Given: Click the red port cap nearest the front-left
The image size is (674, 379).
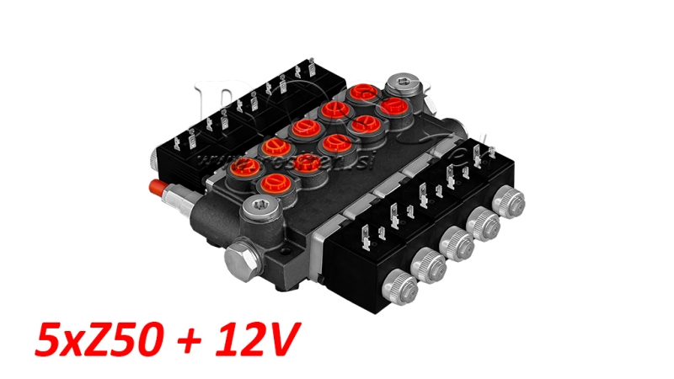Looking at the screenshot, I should [274, 184].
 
